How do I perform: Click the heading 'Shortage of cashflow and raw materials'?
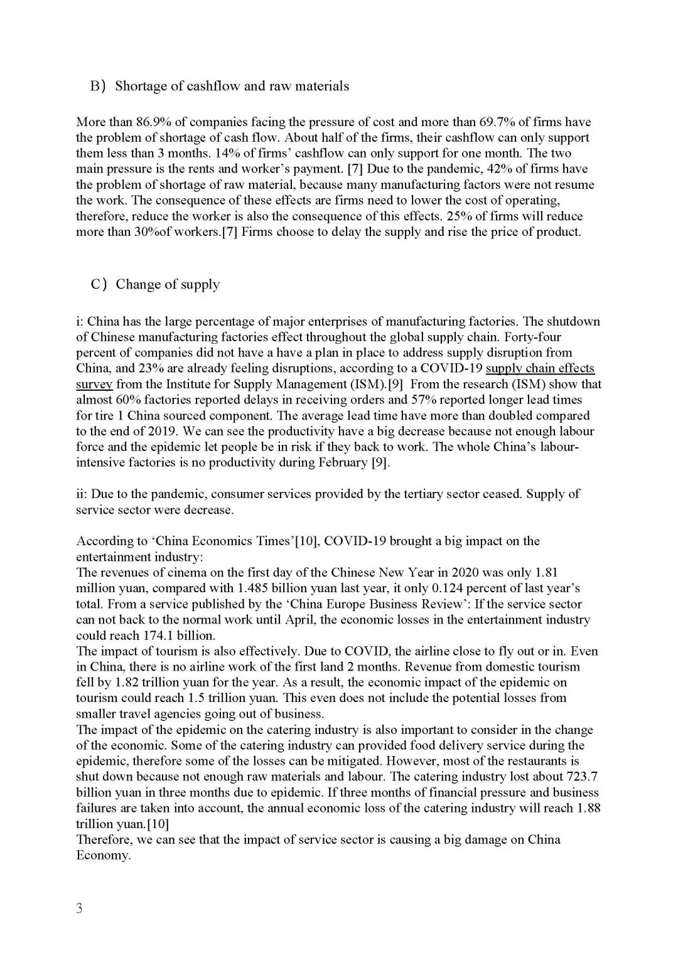point(232,86)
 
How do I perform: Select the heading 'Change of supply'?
point(168,284)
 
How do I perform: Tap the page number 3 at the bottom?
point(79,908)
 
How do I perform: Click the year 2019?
point(148,431)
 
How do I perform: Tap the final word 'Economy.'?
point(104,855)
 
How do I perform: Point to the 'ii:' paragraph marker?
point(82,494)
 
